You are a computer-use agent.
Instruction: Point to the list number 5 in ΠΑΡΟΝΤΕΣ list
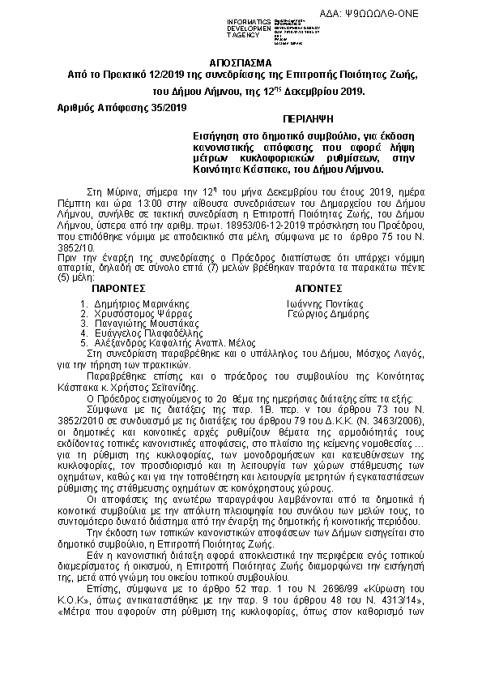tap(83, 342)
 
